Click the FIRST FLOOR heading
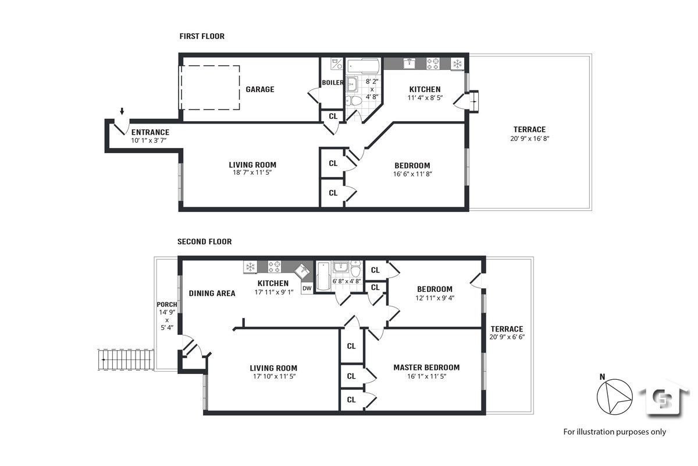point(202,36)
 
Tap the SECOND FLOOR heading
point(204,242)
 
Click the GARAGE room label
point(260,89)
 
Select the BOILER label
point(333,82)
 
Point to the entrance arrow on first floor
point(122,111)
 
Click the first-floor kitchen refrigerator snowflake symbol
point(457,64)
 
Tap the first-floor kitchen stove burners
point(433,63)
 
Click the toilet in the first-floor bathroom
point(354,101)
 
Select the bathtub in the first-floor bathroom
point(364,66)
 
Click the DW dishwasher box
point(307,288)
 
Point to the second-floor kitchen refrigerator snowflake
point(250,267)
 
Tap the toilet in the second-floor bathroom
point(355,269)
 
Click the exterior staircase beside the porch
point(126,359)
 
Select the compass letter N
point(603,377)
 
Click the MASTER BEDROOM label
point(426,368)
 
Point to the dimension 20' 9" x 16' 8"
point(529,139)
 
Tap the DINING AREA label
point(212,294)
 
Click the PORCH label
point(167,304)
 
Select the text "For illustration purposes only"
point(614,432)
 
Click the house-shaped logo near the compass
point(665,398)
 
